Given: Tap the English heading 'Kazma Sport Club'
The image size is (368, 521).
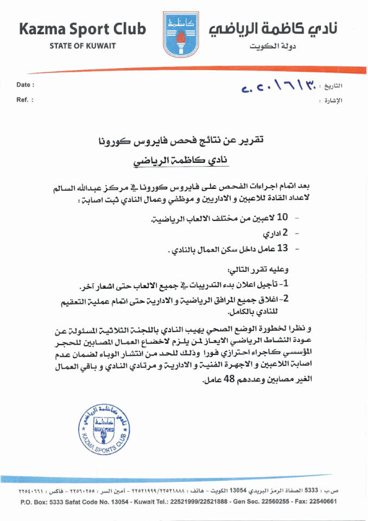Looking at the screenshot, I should [83, 29].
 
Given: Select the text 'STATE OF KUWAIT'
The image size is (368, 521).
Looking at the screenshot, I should [83, 46].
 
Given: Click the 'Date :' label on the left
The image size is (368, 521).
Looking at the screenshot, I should [26, 85].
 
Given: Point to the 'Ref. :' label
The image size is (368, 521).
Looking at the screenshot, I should [25, 100].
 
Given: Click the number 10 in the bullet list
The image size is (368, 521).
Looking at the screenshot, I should [282, 218].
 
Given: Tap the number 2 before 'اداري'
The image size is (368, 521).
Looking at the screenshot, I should [283, 233].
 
